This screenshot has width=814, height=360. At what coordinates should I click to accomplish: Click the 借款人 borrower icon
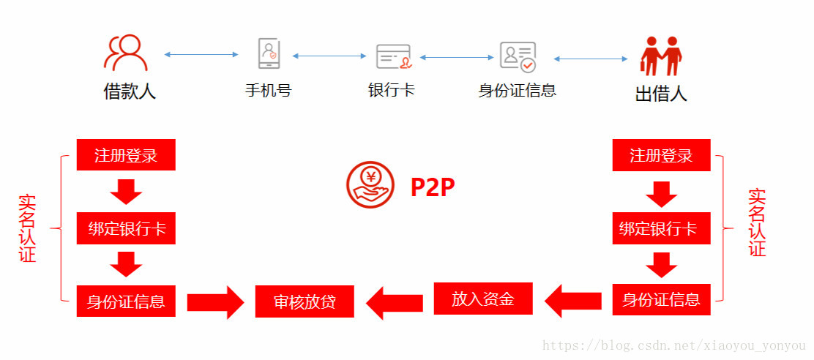[126, 53]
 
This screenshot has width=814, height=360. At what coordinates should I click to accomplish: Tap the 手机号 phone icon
[269, 53]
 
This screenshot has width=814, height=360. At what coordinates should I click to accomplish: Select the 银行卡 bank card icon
[394, 56]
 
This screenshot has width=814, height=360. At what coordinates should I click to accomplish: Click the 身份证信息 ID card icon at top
[518, 56]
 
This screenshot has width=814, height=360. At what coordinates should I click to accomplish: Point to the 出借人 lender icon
[660, 56]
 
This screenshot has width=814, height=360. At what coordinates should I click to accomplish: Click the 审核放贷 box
[305, 301]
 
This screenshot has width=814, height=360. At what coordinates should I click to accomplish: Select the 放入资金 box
[482, 299]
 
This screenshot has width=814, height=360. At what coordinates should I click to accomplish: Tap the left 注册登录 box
[126, 155]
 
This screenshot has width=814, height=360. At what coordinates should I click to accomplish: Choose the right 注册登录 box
[661, 155]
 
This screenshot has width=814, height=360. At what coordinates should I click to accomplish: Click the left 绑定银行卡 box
[126, 228]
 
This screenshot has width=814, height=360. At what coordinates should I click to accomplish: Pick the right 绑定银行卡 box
[661, 228]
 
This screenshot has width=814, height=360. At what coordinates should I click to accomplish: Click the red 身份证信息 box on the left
[126, 301]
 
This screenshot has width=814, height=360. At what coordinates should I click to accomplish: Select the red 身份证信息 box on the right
[661, 299]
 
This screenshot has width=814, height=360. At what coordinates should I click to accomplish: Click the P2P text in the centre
[433, 187]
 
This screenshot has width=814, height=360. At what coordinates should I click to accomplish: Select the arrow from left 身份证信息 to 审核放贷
[215, 302]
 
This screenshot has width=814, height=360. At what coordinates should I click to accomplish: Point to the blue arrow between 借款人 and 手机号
[201, 54]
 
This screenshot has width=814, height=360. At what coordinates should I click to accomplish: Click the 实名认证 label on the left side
[28, 228]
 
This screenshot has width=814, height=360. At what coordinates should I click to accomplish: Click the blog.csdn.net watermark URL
[674, 345]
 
